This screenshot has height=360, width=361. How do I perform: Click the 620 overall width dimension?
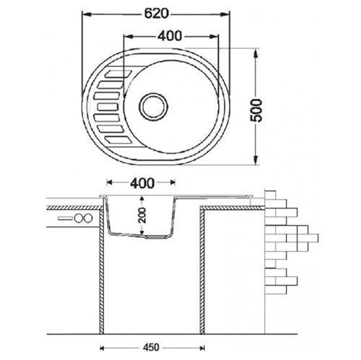pyautogui.click(x=156, y=14)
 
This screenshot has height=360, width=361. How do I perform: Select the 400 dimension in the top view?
pyautogui.click(x=170, y=36)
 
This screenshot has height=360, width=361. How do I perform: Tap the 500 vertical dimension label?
pyautogui.click(x=256, y=110)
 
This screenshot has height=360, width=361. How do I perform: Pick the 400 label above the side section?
pyautogui.click(x=142, y=183)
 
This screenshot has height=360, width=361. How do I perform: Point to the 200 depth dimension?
pyautogui.click(x=142, y=215)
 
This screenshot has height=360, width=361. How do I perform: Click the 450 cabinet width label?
pyautogui.click(x=151, y=347)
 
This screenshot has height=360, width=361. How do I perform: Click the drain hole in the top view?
pyautogui.click(x=153, y=106)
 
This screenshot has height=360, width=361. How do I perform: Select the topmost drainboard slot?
pyautogui.click(x=118, y=74)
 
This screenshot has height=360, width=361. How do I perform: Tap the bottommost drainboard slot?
pyautogui.click(x=118, y=140)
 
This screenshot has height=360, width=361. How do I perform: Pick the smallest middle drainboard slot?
pyautogui.click(x=108, y=107)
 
